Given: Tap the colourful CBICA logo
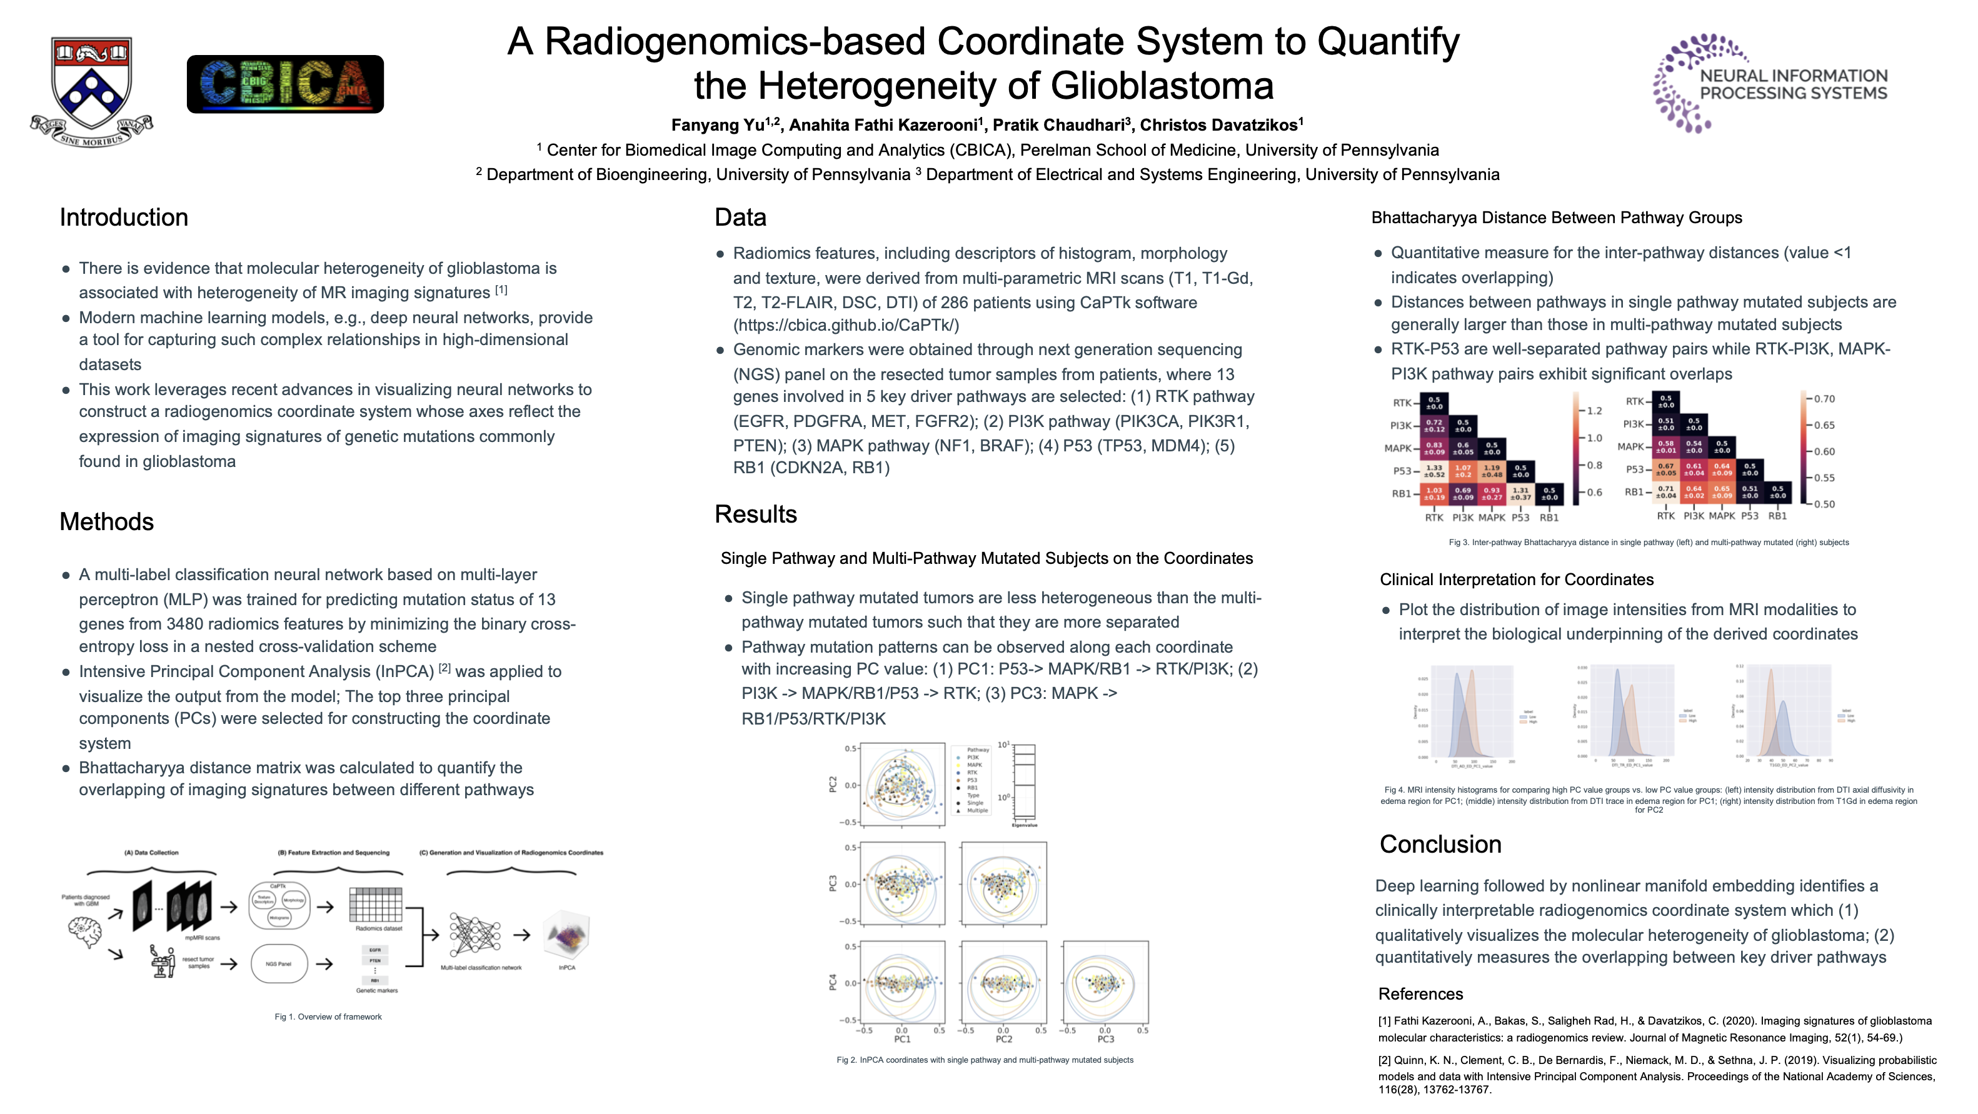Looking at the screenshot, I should [285, 84].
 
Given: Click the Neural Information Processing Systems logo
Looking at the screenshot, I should [1770, 84].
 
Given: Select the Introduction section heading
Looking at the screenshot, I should [124, 218].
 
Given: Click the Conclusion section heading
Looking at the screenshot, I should [1440, 844].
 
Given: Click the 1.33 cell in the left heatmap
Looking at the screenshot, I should [1433, 471].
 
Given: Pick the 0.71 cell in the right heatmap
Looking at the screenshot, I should [1665, 491].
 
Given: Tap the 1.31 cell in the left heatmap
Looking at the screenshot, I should [1520, 494].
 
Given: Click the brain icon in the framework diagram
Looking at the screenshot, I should [84, 932].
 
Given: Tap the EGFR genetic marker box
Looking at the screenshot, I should [374, 950].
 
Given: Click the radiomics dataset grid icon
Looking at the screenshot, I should [376, 905].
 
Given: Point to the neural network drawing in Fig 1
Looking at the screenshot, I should [474, 935].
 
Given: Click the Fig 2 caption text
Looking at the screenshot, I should [985, 1060].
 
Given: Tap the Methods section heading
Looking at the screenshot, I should [107, 521].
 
